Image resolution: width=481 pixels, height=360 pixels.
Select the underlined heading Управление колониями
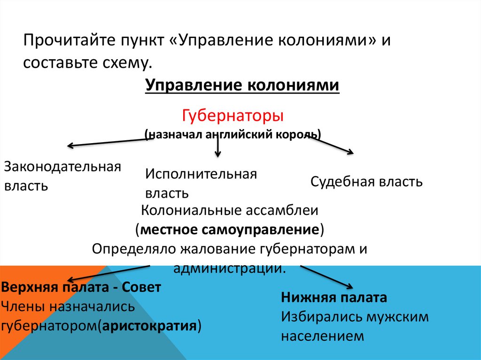click(x=242, y=86)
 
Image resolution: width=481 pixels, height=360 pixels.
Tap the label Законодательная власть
click(x=62, y=176)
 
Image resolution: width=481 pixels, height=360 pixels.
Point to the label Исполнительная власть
click(x=201, y=183)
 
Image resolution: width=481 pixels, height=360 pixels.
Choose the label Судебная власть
click(x=366, y=182)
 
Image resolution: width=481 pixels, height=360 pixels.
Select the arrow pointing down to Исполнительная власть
click(x=217, y=147)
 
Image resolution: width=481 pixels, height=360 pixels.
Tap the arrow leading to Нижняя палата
click(x=327, y=277)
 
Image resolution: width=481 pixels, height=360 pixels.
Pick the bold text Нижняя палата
click(x=334, y=298)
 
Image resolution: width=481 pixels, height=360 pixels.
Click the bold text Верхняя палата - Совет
click(x=82, y=287)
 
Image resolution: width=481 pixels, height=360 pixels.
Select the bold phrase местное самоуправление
click(x=230, y=230)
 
